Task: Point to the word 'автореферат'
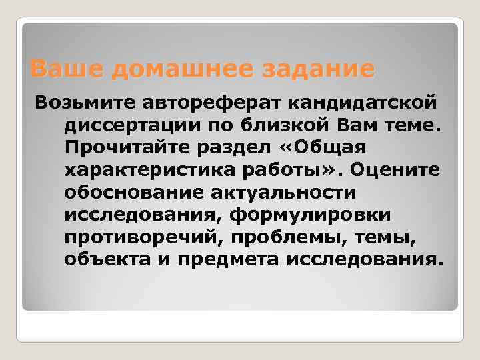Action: (209, 102)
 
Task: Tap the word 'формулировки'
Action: (323, 215)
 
